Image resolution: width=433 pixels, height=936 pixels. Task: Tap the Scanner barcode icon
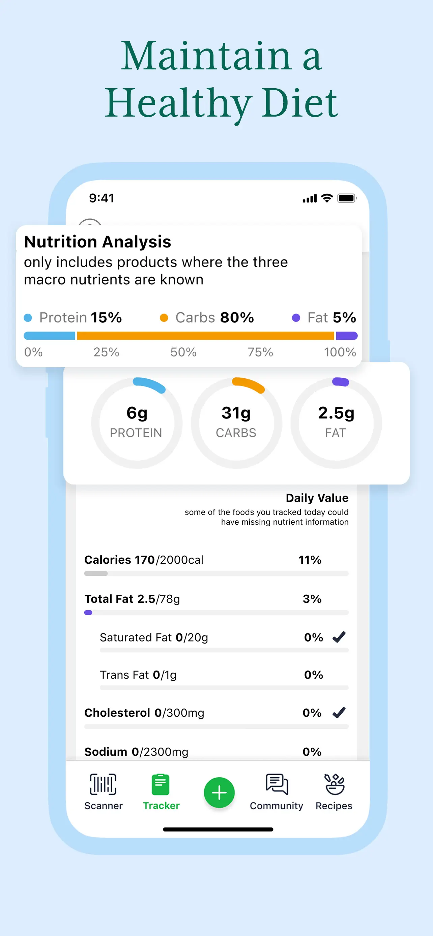(x=103, y=784)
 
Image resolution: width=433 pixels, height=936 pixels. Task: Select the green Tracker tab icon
(x=161, y=784)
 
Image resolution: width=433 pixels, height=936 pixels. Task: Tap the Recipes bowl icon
(x=334, y=784)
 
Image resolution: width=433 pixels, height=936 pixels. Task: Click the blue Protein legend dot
(x=28, y=318)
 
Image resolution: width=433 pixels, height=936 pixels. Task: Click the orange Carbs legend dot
(x=164, y=318)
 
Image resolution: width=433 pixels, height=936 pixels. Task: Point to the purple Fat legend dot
(x=296, y=318)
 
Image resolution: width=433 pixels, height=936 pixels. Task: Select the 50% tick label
(x=183, y=352)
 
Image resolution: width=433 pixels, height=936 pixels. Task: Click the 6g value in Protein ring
(x=137, y=413)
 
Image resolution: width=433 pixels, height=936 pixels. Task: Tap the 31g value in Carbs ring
(x=236, y=413)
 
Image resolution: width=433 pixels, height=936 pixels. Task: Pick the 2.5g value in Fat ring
(x=336, y=413)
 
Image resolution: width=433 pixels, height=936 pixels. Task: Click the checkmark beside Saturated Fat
(x=339, y=637)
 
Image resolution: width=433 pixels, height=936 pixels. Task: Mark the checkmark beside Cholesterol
(x=339, y=713)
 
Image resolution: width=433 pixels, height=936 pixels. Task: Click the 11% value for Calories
(x=310, y=560)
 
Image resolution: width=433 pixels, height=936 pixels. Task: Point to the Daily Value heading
(x=317, y=498)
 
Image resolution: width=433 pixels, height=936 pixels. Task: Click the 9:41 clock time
(x=102, y=198)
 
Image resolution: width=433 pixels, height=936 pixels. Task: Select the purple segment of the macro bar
(x=346, y=336)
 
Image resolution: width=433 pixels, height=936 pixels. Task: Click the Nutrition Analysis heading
(x=97, y=242)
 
